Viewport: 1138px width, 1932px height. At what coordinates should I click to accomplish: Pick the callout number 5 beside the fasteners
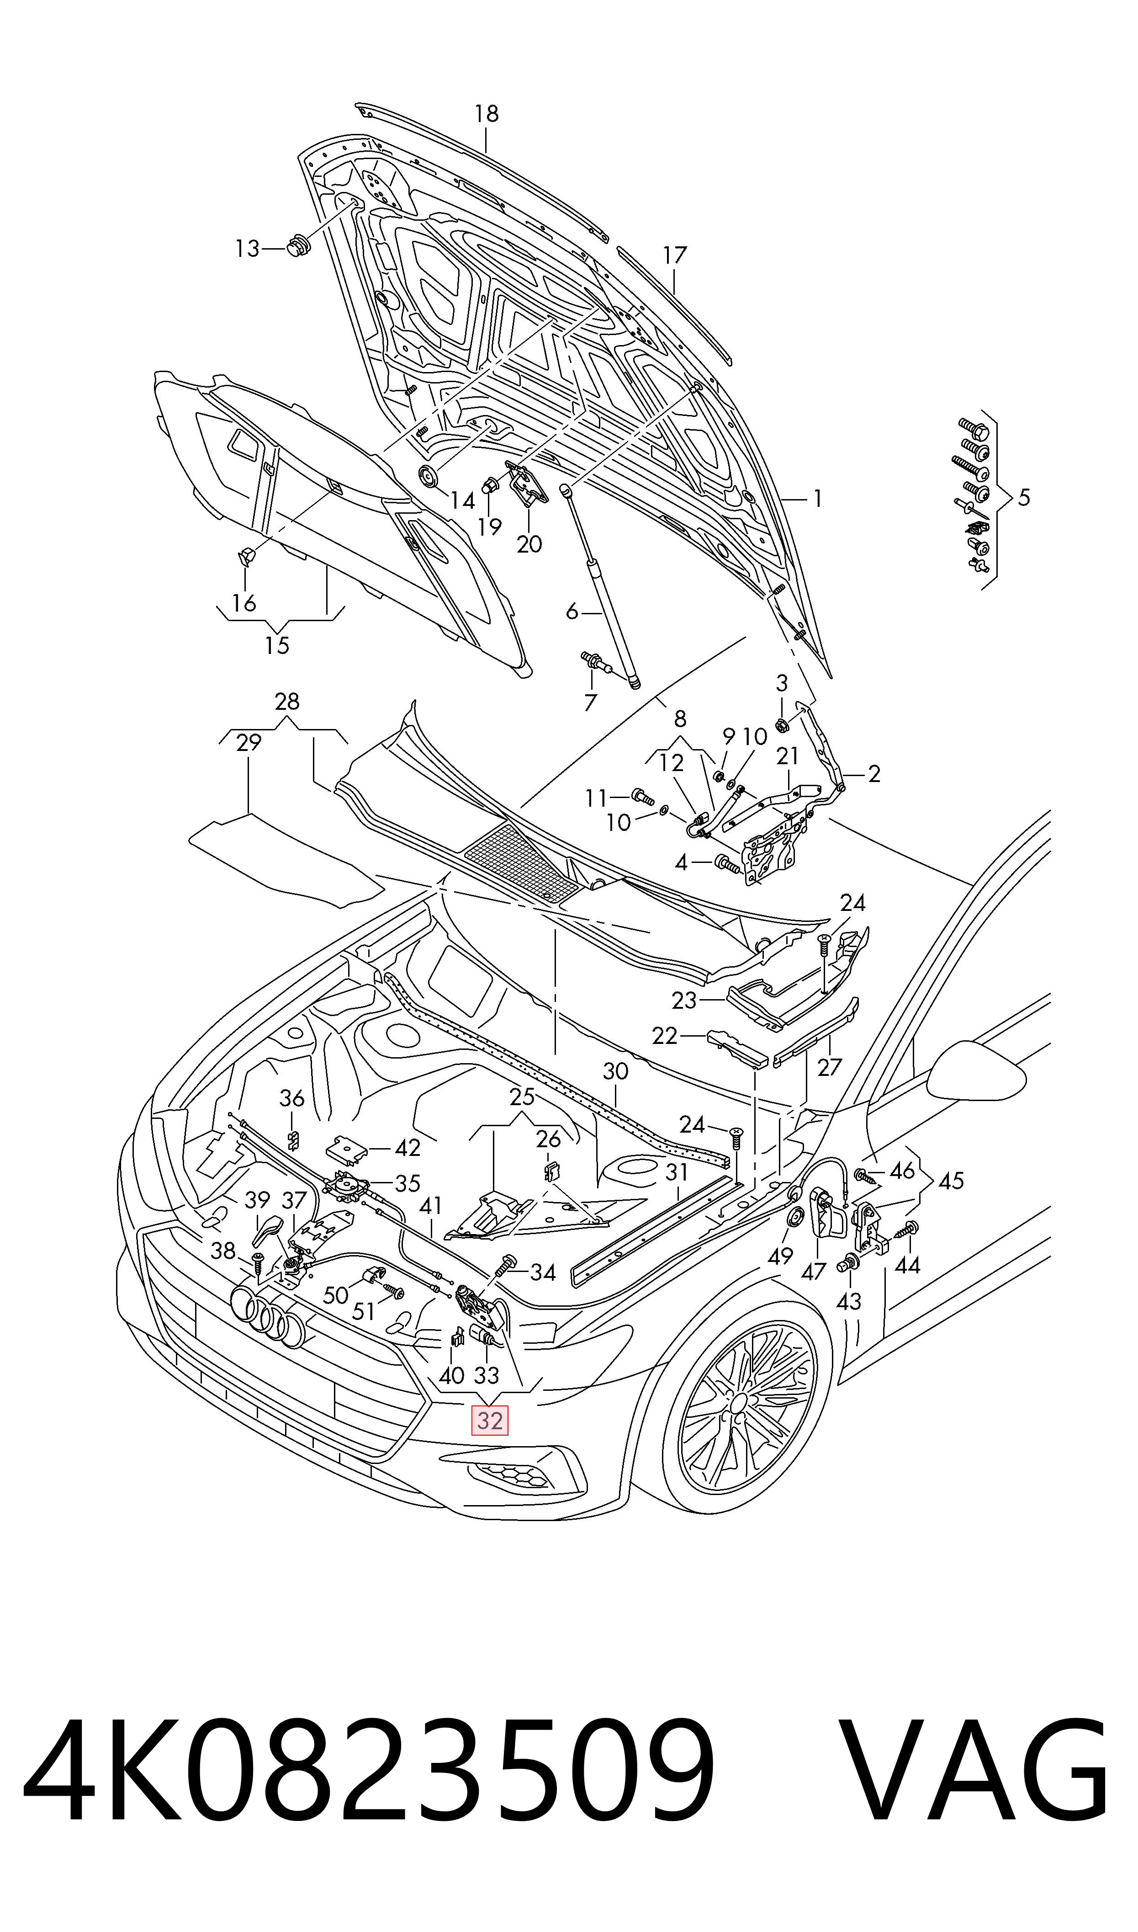tap(1024, 498)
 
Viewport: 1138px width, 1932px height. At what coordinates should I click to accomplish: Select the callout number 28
tap(287, 702)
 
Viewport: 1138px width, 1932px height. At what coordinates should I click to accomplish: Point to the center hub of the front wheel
tap(738, 1403)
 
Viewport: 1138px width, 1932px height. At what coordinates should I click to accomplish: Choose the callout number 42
tap(407, 1147)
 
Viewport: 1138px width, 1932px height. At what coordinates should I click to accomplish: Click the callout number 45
tap(951, 1181)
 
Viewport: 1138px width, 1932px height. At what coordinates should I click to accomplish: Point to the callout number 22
tap(665, 1036)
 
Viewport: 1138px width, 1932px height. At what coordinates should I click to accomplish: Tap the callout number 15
tap(277, 646)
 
